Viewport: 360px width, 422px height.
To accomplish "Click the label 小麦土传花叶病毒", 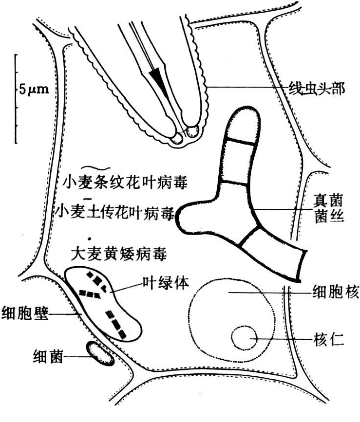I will pyautogui.click(x=115, y=211).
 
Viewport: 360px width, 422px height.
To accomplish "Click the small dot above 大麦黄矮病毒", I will pyautogui.click(x=90, y=239).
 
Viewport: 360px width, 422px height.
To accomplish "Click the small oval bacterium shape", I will pyautogui.click(x=100, y=353).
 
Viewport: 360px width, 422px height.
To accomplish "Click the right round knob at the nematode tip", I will pyautogui.click(x=193, y=131).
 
